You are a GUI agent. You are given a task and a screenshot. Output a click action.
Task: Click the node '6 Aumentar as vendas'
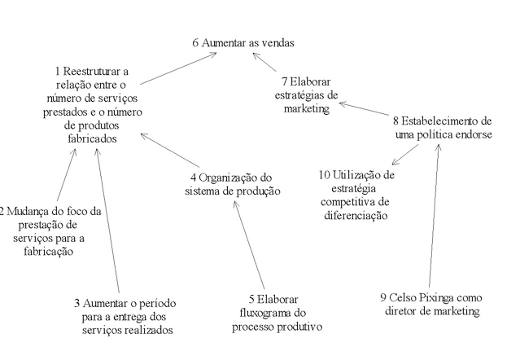pos(243,43)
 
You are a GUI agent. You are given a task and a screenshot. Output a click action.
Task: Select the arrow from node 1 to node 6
pos(178,68)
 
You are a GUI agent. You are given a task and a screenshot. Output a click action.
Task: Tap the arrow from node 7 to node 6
pos(264,62)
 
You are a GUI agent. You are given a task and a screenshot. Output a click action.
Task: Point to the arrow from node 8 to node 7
pos(364,109)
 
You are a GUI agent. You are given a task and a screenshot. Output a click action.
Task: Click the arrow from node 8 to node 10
pos(405,155)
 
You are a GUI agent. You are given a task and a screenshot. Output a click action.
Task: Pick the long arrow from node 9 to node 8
pos(434,216)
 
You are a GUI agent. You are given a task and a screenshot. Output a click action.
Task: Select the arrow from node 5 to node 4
pos(249,245)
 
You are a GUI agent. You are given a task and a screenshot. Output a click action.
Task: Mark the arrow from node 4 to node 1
pos(170,150)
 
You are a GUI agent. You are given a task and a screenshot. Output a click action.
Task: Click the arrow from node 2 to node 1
pos(67,175)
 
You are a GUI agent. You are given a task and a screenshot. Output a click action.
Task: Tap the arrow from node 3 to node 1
pos(107,221)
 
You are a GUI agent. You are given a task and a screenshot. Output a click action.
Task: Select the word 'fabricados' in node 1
pos(92,138)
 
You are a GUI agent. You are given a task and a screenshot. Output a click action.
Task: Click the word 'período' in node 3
pos(157,304)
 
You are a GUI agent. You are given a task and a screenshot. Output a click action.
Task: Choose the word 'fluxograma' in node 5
pos(264,313)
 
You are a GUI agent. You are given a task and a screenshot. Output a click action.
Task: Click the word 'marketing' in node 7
pos(307,108)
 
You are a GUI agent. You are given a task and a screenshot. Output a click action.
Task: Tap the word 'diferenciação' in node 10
pos(356,215)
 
